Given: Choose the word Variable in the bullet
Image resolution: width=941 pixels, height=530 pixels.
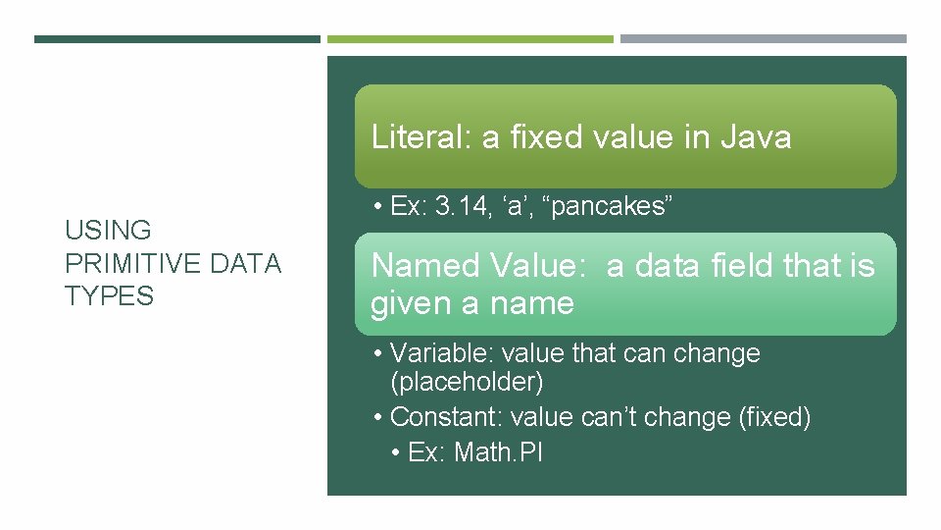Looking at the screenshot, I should click(x=434, y=353).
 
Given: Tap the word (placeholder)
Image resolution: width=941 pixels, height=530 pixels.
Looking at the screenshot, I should click(x=467, y=381).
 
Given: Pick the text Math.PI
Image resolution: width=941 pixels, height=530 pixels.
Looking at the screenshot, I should click(x=499, y=452).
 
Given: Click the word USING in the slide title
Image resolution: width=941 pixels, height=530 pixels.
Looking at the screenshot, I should click(x=109, y=231).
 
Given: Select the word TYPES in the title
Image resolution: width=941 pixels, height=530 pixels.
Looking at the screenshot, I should click(x=110, y=295).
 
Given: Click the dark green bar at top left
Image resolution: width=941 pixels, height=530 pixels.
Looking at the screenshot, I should click(x=176, y=39).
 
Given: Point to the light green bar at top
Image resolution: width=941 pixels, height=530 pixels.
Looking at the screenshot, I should click(x=470, y=39).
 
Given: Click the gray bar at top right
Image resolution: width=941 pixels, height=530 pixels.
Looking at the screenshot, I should click(x=763, y=39).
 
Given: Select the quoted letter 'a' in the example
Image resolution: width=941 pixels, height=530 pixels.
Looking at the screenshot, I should click(x=524, y=206).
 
